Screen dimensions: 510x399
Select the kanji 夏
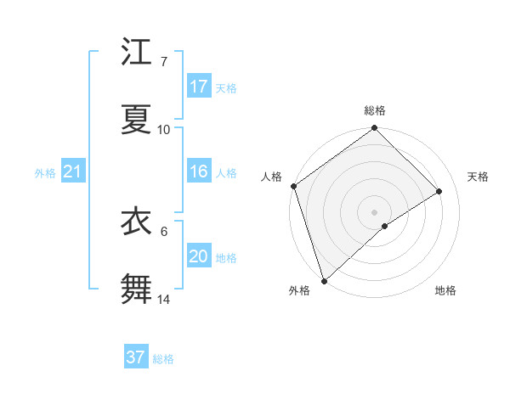click(x=137, y=120)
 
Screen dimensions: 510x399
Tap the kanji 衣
click(x=137, y=222)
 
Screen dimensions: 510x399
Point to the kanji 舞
click(x=137, y=289)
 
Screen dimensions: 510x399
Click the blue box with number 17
click(x=199, y=87)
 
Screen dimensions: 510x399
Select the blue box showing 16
click(x=199, y=171)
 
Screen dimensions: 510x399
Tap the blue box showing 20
click(x=199, y=256)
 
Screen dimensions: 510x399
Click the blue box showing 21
click(x=73, y=172)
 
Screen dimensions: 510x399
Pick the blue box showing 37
click(x=136, y=357)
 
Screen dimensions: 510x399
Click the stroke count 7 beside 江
click(x=163, y=62)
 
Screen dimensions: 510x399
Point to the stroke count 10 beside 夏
click(x=163, y=130)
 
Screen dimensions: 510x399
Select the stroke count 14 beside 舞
click(x=163, y=300)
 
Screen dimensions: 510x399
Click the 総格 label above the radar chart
click(x=375, y=111)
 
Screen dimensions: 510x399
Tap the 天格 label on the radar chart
click(x=478, y=177)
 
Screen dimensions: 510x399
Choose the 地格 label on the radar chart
click(x=445, y=290)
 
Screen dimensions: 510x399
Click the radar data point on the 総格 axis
click(x=375, y=129)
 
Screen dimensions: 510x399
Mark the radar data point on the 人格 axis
click(x=294, y=186)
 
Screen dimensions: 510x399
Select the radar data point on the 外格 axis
click(x=324, y=280)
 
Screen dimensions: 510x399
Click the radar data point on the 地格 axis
click(x=385, y=226)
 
